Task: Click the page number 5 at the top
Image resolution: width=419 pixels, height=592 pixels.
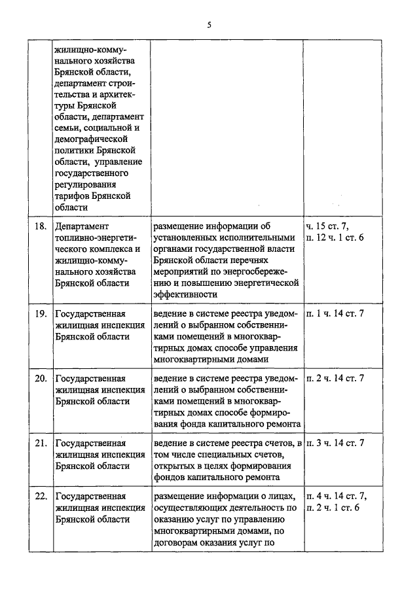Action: click(x=209, y=25)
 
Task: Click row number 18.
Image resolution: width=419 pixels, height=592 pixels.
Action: click(x=40, y=226)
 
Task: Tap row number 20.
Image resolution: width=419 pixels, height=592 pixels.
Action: click(x=40, y=378)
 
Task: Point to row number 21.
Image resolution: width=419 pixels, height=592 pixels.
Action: click(x=40, y=444)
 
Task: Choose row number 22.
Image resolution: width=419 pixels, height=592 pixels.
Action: click(x=40, y=495)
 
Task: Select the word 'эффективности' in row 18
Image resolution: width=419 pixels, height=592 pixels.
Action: click(x=185, y=294)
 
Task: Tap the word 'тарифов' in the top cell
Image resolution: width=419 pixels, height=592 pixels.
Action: click(x=72, y=196)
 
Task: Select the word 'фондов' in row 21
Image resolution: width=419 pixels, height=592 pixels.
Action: click(x=167, y=476)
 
